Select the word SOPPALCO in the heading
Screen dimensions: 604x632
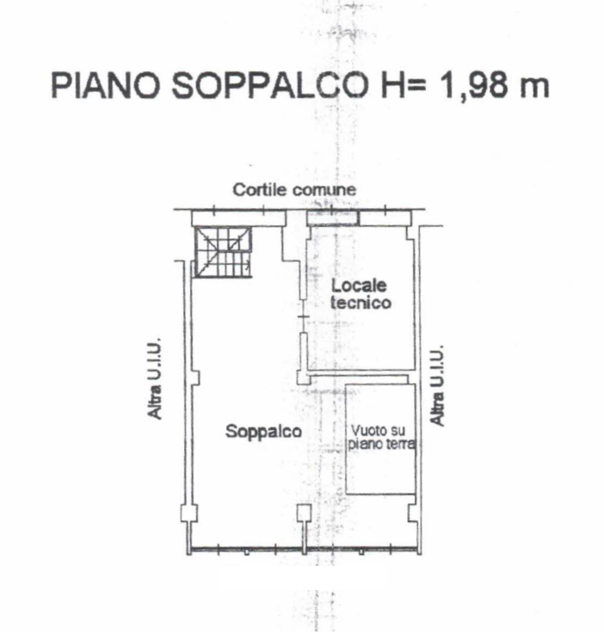pos(270,85)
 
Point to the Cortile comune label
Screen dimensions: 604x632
pos(294,190)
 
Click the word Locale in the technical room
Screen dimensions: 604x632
pos(359,285)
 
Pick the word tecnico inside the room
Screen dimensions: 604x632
pos(361,303)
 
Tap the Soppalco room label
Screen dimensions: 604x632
pos(263,432)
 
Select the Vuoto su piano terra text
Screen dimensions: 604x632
pos(381,438)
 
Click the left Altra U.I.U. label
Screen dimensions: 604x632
pos(155,378)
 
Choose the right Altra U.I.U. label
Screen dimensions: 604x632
pos(437,385)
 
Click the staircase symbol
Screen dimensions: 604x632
pos(224,252)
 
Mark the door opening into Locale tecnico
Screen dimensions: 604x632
pos(304,316)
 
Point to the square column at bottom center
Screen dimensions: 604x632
pos(305,513)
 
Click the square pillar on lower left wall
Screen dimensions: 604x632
pos(189,513)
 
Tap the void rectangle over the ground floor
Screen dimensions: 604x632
pos(380,439)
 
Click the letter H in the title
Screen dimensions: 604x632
pos(392,85)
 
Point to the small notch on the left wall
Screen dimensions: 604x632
pos(195,377)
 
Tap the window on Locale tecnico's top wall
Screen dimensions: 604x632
pos(332,218)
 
